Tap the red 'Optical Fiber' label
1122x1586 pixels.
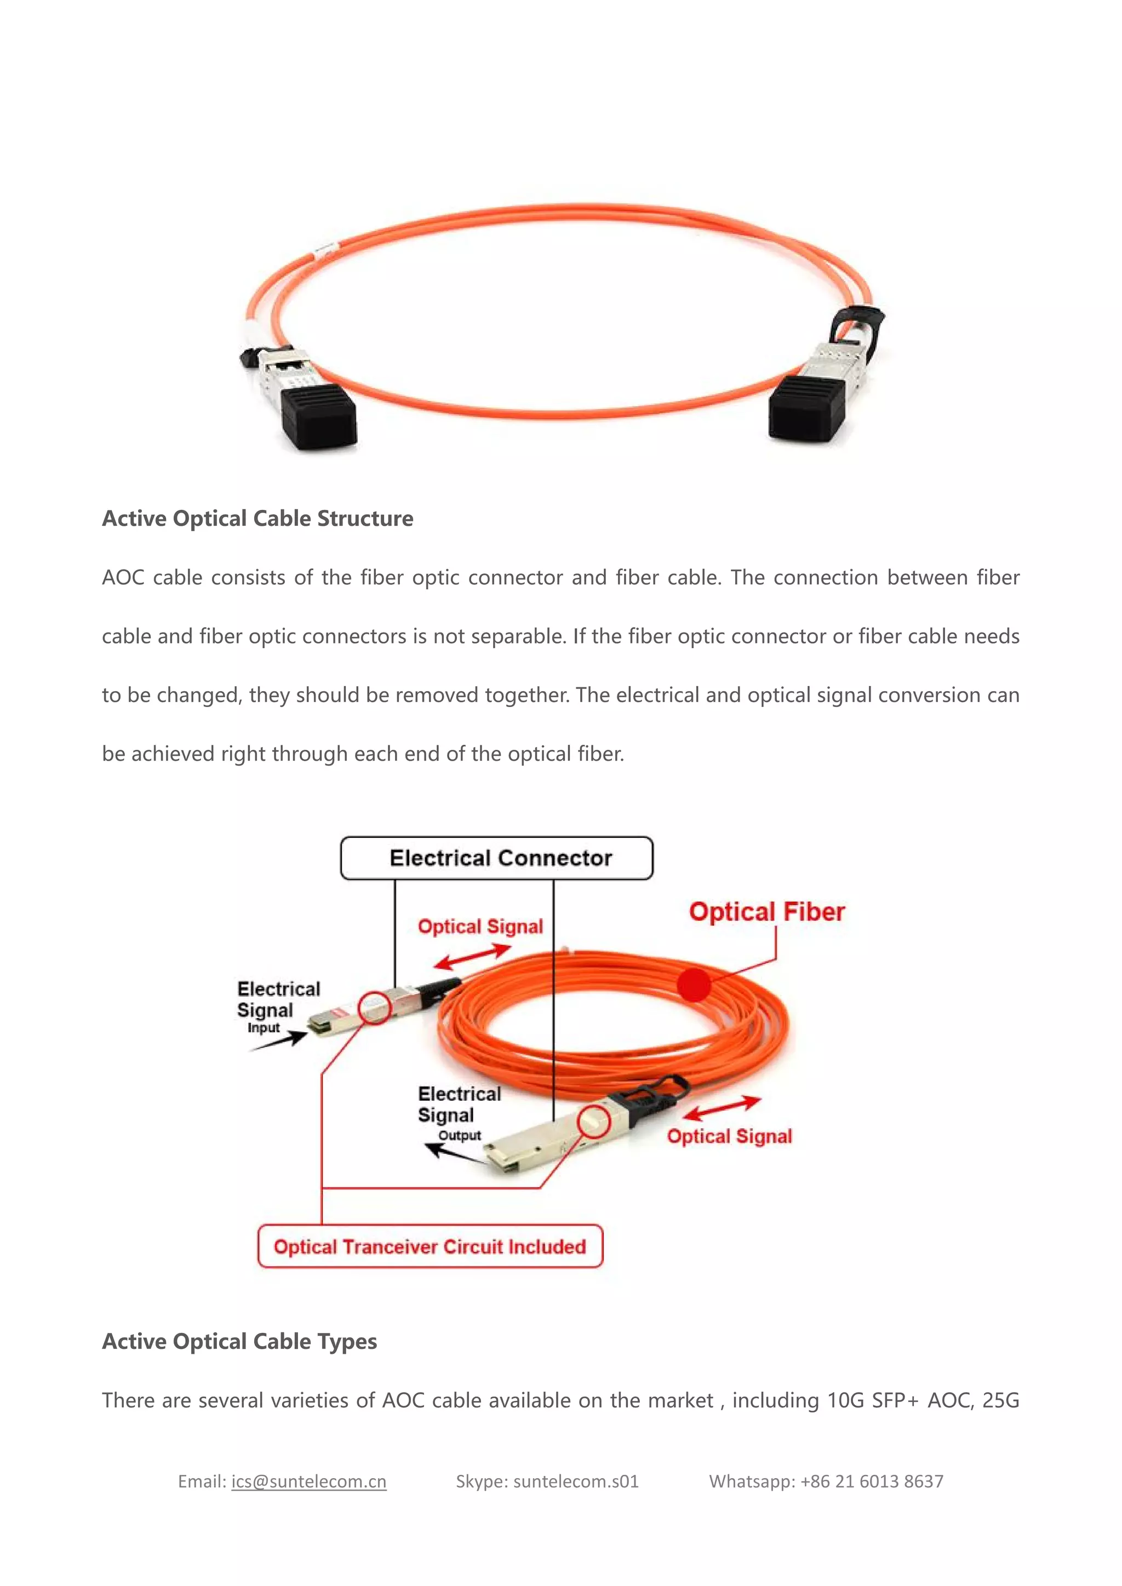tap(766, 912)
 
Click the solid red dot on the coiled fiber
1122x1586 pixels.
tap(694, 984)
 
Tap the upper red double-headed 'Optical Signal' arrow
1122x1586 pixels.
tap(472, 957)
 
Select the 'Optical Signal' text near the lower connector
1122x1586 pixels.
tap(729, 1136)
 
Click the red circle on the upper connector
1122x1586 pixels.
tap(375, 1008)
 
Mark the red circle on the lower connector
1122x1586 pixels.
tap(593, 1121)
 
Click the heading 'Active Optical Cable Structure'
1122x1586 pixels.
tap(257, 518)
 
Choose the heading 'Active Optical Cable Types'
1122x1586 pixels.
tap(239, 1341)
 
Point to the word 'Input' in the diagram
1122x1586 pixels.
tap(263, 1028)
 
